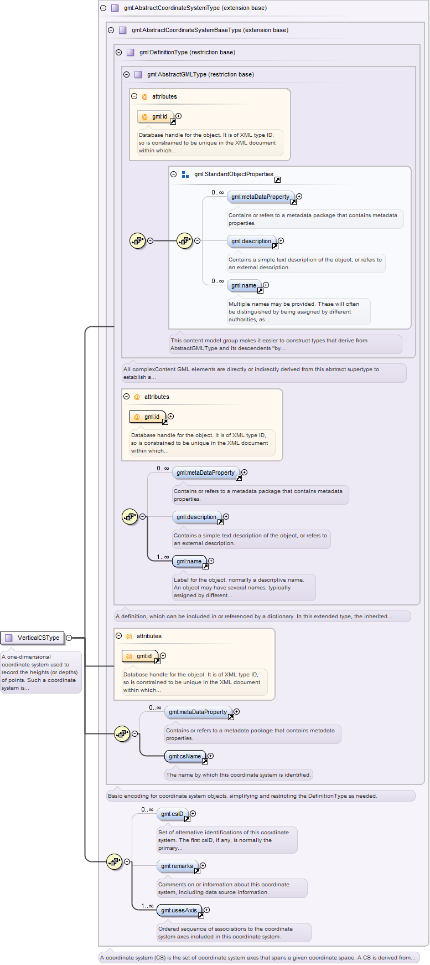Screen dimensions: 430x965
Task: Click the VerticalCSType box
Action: [x=32, y=638]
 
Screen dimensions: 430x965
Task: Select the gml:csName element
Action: [x=185, y=756]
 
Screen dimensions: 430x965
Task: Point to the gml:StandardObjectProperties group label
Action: [x=234, y=174]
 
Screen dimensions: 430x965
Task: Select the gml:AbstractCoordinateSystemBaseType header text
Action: [x=210, y=30]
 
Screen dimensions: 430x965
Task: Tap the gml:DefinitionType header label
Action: [x=187, y=52]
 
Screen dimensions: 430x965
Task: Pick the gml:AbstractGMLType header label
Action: [x=200, y=74]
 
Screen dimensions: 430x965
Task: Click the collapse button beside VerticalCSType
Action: [x=69, y=638]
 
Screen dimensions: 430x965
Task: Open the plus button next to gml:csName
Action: [x=210, y=756]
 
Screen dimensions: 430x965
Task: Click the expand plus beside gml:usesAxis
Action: [x=207, y=910]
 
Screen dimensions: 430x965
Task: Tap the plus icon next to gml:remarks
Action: [x=203, y=865]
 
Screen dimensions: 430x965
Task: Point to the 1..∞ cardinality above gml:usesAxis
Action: [x=147, y=906]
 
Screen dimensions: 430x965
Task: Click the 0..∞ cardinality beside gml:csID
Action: [x=147, y=809]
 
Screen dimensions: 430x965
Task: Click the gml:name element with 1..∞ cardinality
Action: [x=189, y=561]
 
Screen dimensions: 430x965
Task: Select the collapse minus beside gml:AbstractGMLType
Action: [x=127, y=74]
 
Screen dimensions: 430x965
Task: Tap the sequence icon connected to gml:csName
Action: [x=122, y=734]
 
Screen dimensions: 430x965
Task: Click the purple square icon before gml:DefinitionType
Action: [x=131, y=52]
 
